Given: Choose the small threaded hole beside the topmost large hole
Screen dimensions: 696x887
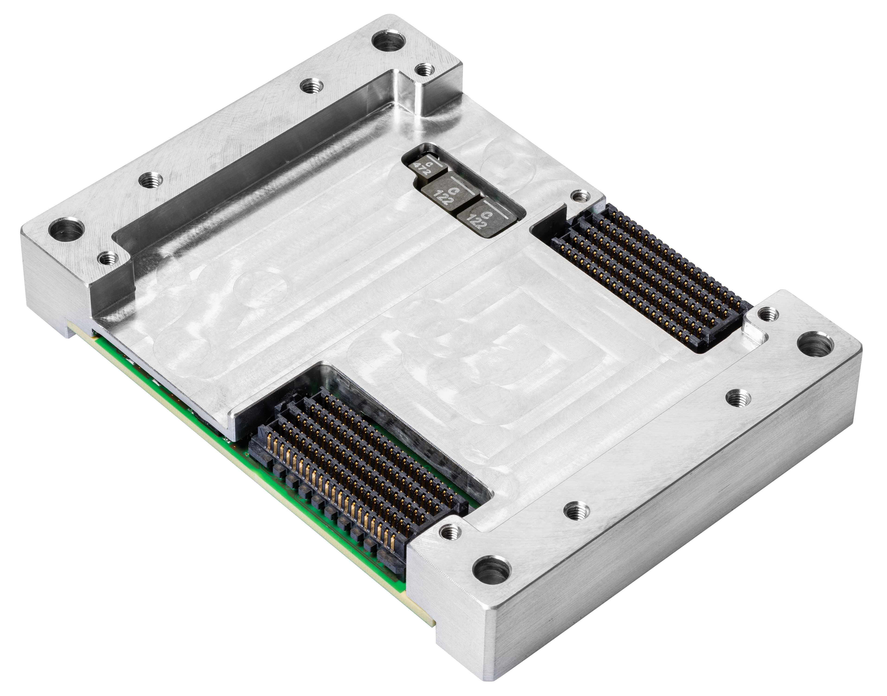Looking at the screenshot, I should [425, 70].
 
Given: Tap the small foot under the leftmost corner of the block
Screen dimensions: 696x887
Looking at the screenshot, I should [69, 331].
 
